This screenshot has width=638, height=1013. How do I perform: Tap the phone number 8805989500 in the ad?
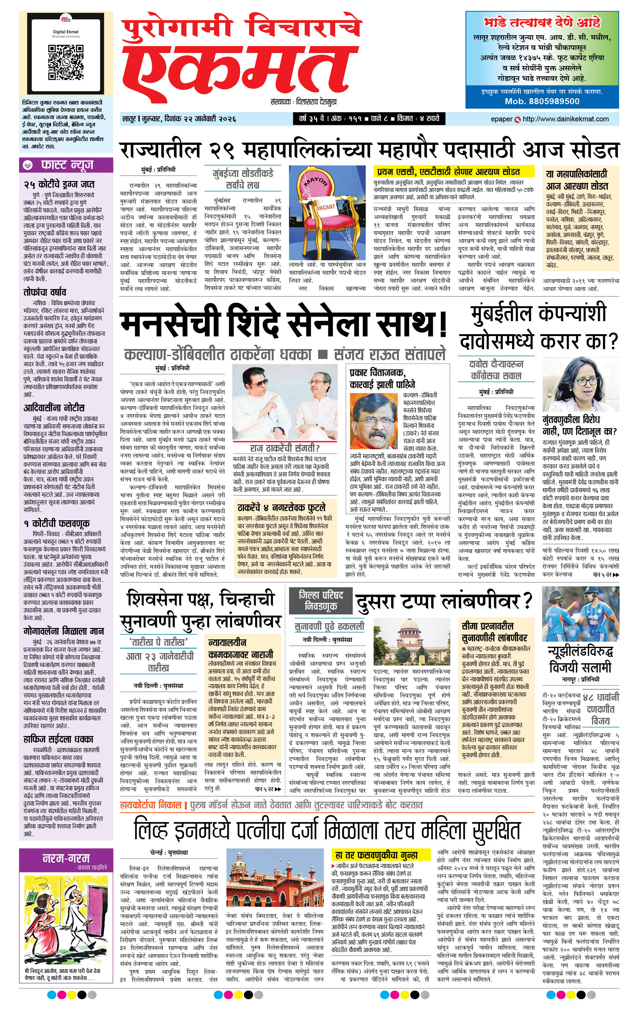coord(542,101)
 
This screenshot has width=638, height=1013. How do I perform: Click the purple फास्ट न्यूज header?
coord(66,165)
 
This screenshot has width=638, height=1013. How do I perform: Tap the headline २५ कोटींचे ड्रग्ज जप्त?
coord(58,184)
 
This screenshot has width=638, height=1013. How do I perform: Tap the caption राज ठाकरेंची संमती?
coord(284,448)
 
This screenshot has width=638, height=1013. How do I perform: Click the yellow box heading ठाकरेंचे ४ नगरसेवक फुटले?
coord(281,507)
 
